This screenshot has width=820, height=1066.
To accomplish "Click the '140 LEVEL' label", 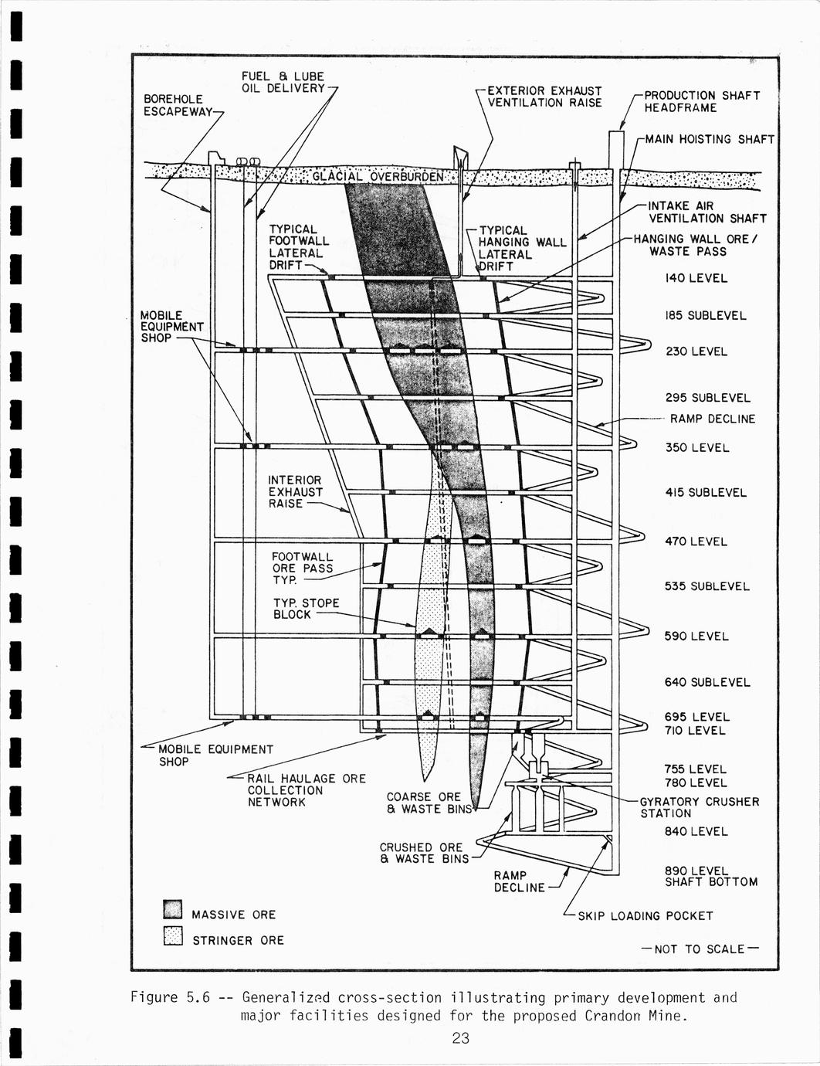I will click(696, 278).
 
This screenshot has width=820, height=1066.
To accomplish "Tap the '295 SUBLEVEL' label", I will click(707, 398).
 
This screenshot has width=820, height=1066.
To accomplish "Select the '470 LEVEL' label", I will click(696, 541).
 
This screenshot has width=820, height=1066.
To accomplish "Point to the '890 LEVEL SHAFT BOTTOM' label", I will click(710, 877).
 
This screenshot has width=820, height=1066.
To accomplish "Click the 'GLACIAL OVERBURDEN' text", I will click(378, 177).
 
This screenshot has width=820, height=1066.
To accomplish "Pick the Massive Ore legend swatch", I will click(173, 909).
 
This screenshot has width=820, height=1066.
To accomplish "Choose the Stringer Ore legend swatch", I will click(173, 936).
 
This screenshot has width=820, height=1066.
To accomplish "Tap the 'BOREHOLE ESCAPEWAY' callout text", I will click(178, 105).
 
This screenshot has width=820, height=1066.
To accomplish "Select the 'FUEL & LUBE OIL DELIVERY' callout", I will click(283, 82).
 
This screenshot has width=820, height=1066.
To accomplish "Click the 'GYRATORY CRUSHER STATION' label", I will click(699, 807).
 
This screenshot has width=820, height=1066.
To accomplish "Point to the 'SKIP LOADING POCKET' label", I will click(645, 916).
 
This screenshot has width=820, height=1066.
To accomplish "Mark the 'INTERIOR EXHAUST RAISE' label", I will click(295, 492).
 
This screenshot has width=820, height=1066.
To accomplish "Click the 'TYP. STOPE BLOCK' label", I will click(306, 609).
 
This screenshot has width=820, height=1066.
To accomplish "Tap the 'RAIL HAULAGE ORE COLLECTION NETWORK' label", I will click(306, 790).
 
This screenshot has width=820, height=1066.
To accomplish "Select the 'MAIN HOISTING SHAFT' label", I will click(709, 139).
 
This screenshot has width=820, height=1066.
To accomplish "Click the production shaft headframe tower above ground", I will click(615, 148).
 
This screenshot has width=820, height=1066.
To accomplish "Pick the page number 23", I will click(460, 1038).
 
